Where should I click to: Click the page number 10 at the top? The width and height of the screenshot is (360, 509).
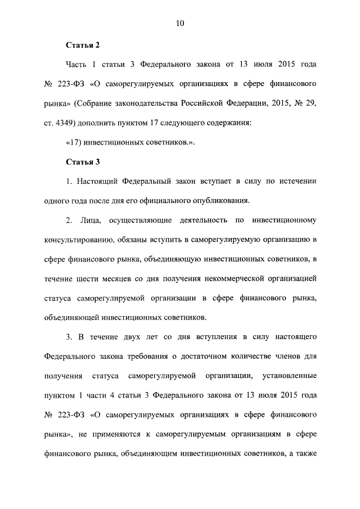coord(180,23)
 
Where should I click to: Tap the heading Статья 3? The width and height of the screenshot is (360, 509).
coord(83,163)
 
